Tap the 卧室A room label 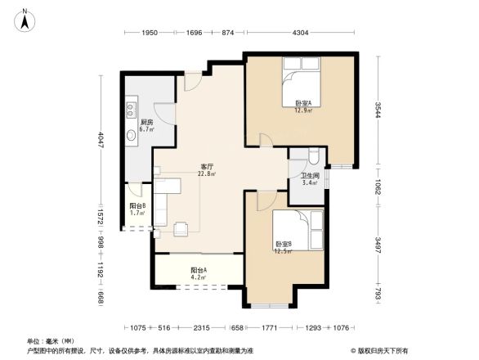coord(303,106)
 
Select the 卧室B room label coord(283,247)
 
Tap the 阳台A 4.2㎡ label coord(198,273)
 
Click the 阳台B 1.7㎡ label coord(138,209)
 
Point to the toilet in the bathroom coord(316,157)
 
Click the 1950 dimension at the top coord(148,33)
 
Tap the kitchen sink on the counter coord(129,135)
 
